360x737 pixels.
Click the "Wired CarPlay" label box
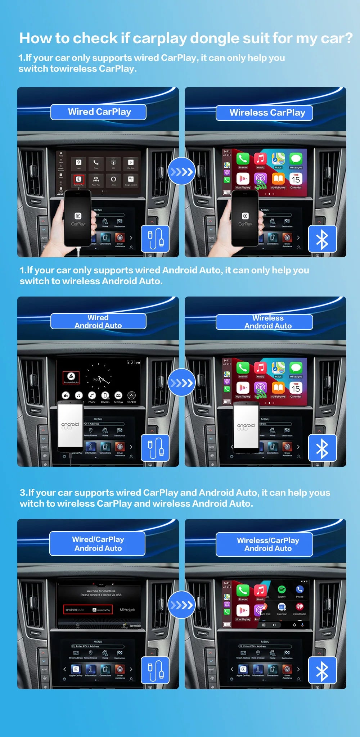click(98, 112)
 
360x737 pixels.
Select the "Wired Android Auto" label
click(98, 321)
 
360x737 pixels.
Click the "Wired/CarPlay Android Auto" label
click(98, 543)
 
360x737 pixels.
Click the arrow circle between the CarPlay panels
click(181, 171)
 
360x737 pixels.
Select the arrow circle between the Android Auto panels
click(181, 382)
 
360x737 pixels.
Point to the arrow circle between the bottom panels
click(181, 605)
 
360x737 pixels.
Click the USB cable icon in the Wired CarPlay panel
click(155, 239)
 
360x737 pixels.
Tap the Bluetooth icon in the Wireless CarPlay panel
click(322, 239)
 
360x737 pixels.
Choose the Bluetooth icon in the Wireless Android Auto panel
click(322, 448)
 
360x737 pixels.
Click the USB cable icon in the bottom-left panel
click(155, 670)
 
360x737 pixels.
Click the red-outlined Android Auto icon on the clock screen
click(71, 377)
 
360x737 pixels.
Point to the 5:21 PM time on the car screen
click(133, 362)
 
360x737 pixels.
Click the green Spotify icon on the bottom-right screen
click(282, 589)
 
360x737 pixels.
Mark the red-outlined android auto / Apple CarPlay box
click(88, 610)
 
